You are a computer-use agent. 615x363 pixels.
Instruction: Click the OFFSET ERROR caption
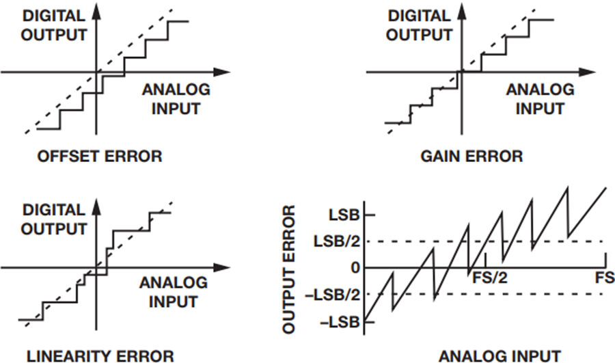[100, 156]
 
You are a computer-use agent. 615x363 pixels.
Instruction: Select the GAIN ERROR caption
[471, 156]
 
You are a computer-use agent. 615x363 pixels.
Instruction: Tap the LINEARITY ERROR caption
[100, 356]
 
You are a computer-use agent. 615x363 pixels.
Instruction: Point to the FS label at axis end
[605, 278]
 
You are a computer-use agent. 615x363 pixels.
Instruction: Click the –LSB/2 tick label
[332, 295]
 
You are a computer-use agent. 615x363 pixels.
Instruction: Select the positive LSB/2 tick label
[336, 241]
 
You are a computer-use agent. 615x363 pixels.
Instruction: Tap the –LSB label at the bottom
[340, 322]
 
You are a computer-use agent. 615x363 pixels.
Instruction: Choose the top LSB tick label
[344, 215]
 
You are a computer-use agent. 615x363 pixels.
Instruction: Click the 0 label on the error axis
[355, 268]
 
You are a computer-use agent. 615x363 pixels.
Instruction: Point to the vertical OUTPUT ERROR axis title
[288, 270]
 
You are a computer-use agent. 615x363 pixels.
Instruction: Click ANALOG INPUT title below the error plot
[500, 356]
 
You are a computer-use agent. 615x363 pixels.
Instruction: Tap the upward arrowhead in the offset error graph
[96, 12]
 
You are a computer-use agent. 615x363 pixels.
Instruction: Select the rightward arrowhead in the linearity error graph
[221, 268]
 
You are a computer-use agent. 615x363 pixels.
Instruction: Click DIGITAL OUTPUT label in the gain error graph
[419, 25]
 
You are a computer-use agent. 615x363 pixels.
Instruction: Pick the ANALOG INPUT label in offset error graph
[176, 99]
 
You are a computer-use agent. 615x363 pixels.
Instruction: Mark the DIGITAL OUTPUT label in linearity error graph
[54, 219]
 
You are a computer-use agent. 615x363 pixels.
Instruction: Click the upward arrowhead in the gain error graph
[461, 12]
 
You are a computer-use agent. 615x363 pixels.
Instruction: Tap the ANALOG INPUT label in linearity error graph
[174, 293]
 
